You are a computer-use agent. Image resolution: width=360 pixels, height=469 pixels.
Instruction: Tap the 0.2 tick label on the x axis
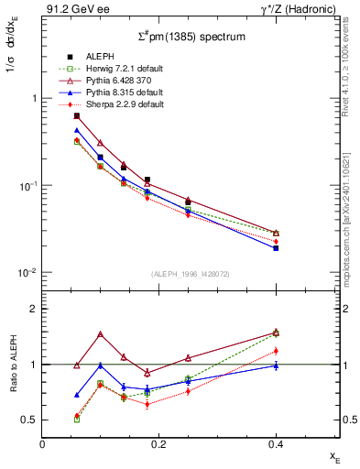pos(158,443)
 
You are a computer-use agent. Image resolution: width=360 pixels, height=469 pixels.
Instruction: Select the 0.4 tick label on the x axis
pos(276,443)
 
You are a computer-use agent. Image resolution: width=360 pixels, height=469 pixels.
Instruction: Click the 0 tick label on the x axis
pos(42,443)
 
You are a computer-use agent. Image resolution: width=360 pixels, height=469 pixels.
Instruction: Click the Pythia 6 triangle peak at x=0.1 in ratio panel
pos(100,334)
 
